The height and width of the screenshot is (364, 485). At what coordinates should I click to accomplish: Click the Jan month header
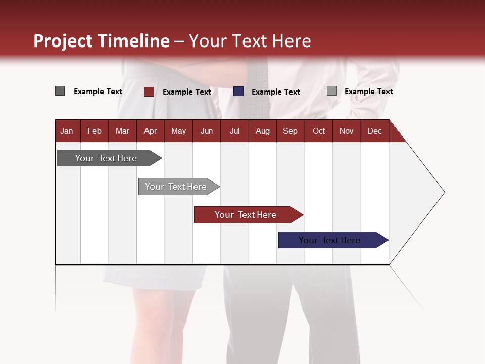pyautogui.click(x=67, y=131)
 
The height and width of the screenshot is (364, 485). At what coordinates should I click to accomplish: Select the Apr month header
pyautogui.click(x=150, y=131)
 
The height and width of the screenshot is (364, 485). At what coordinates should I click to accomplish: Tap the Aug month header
pyautogui.click(x=262, y=131)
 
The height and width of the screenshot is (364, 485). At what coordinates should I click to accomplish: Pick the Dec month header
pyautogui.click(x=374, y=131)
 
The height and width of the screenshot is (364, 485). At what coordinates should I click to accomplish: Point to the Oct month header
pyautogui.click(x=318, y=131)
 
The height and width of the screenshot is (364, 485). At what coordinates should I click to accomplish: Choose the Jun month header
pyautogui.click(x=206, y=131)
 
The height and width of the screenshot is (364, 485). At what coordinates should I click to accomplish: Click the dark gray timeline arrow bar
pyautogui.click(x=106, y=158)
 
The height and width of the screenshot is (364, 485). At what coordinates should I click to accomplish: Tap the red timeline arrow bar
pyautogui.click(x=246, y=215)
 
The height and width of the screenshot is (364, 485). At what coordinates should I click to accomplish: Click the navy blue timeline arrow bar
pyautogui.click(x=329, y=240)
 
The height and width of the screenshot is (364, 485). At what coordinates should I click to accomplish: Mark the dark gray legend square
pyautogui.click(x=60, y=91)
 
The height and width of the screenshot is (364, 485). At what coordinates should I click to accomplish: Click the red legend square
pyautogui.click(x=149, y=92)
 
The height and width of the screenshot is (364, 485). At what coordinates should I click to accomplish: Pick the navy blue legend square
pyautogui.click(x=238, y=92)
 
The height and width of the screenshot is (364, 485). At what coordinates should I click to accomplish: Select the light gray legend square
pyautogui.click(x=331, y=91)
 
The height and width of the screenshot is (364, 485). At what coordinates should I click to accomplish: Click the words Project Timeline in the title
pyautogui.click(x=101, y=41)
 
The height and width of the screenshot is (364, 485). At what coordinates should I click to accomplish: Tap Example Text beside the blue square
pyautogui.click(x=275, y=92)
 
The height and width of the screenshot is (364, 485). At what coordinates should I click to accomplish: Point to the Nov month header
pyautogui.click(x=346, y=131)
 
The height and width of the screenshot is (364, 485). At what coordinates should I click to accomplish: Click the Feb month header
pyautogui.click(x=94, y=131)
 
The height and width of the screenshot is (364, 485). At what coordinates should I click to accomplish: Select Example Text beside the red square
pyautogui.click(x=186, y=92)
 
